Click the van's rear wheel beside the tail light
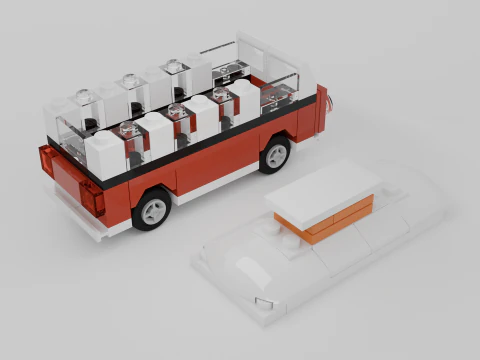tap(151, 208)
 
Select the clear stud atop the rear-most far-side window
tap(84, 98)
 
